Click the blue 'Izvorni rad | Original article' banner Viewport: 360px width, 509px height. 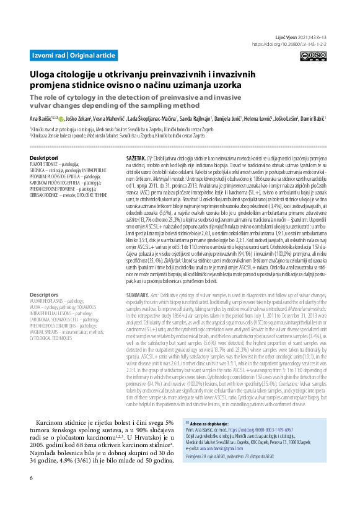click(x=74, y=56)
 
